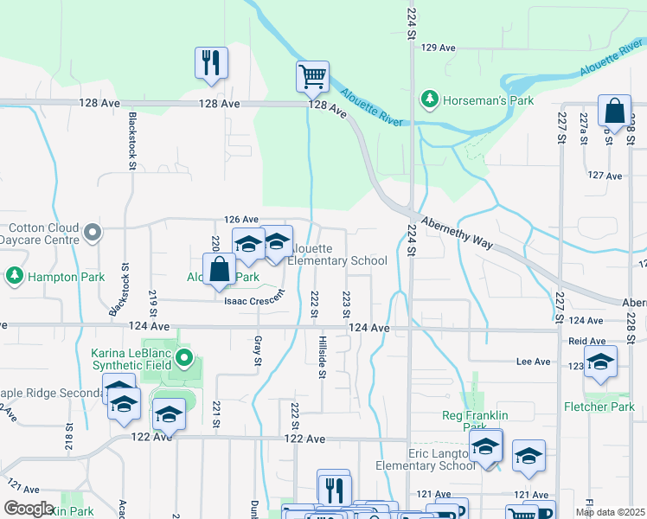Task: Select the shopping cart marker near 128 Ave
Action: (312, 76)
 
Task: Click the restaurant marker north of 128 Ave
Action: (211, 63)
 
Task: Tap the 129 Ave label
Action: (438, 48)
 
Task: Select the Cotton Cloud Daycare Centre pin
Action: (94, 232)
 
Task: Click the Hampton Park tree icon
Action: (14, 277)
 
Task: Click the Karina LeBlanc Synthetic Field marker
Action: (183, 357)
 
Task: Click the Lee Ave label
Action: (533, 362)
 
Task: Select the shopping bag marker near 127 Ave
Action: (613, 112)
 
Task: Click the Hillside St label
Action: (322, 356)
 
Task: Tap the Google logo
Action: (29, 509)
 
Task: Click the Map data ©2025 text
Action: (609, 512)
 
